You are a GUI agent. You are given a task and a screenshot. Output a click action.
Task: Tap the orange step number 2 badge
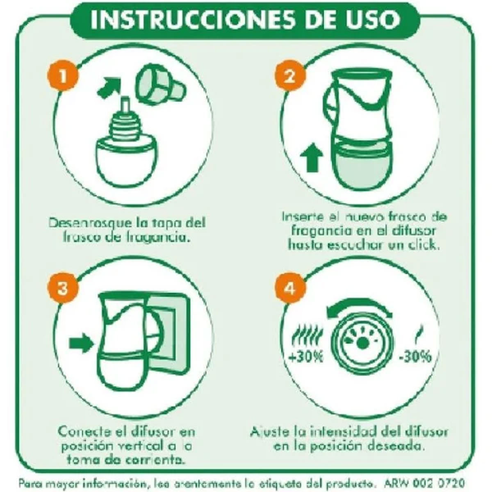click(289, 77)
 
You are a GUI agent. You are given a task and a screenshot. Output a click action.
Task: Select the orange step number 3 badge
click(62, 288)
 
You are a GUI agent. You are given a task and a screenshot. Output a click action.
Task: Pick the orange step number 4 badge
click(289, 288)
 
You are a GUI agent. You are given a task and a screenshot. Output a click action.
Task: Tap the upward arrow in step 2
click(314, 160)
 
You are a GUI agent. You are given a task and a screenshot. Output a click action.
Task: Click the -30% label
click(415, 357)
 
